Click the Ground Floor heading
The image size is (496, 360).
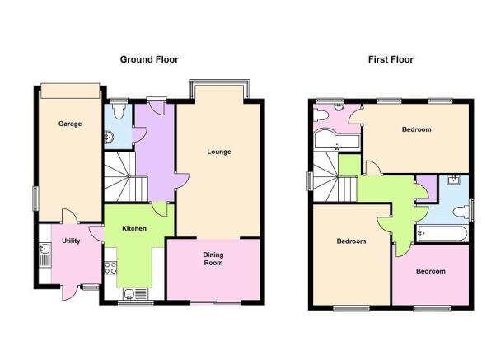[149, 59]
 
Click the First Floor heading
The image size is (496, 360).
[391, 59]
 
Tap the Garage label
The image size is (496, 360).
[70, 124]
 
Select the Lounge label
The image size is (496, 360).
[219, 152]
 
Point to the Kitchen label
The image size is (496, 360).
[134, 228]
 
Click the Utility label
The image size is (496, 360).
[71, 241]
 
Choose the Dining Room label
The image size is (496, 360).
[213, 259]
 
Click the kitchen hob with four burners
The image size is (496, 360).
[110, 268]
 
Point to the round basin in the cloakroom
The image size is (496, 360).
[109, 138]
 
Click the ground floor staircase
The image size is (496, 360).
[126, 176]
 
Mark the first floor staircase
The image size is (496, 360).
[335, 176]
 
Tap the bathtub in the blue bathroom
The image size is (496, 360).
[442, 233]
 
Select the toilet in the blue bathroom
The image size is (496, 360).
[461, 212]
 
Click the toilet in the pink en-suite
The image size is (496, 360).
[321, 115]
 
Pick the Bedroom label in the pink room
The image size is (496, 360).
[431, 271]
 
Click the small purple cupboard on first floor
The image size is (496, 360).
[427, 189]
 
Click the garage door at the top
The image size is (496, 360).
[70, 91]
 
